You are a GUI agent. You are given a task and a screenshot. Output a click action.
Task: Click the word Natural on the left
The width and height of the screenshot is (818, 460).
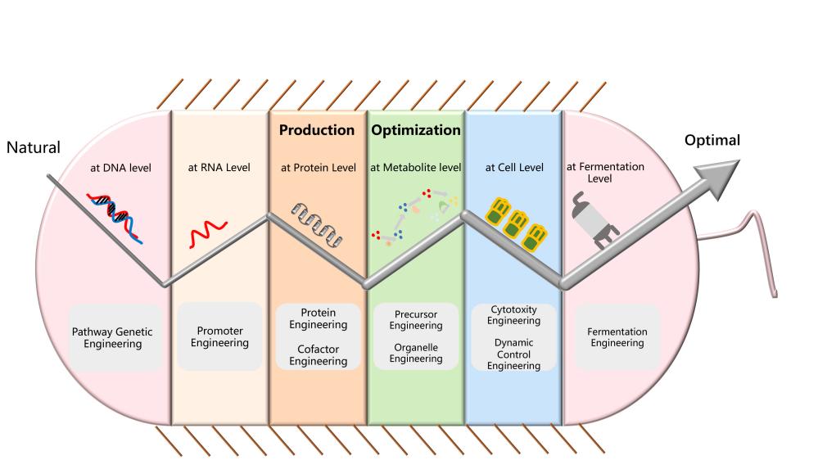pos(34,148)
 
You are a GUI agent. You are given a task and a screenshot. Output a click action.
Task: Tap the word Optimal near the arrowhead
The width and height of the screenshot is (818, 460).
pos(712,141)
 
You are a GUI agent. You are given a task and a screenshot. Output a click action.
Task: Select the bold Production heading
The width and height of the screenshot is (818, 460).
pos(317,130)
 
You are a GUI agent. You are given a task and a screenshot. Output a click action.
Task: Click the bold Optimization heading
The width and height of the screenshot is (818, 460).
pos(416,130)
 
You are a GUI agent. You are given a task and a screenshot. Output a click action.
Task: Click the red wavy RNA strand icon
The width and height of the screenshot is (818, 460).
pos(202,236)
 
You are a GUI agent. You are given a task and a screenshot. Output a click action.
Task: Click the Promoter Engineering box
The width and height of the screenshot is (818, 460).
pos(219,336)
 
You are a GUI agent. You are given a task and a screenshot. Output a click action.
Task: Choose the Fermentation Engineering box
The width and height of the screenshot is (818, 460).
pos(617,337)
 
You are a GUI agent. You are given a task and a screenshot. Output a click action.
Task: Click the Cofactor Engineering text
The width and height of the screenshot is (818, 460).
pos(319,354)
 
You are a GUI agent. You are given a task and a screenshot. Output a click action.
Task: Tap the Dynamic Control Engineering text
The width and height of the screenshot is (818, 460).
pos(513,355)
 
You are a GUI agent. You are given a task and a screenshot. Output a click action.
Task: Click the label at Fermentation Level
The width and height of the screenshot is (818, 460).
pos(606,172)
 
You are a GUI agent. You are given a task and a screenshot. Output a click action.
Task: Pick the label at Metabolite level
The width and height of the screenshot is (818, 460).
pos(416,168)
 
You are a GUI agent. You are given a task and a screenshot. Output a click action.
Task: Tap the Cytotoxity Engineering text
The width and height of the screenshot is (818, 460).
pos(513,315)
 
